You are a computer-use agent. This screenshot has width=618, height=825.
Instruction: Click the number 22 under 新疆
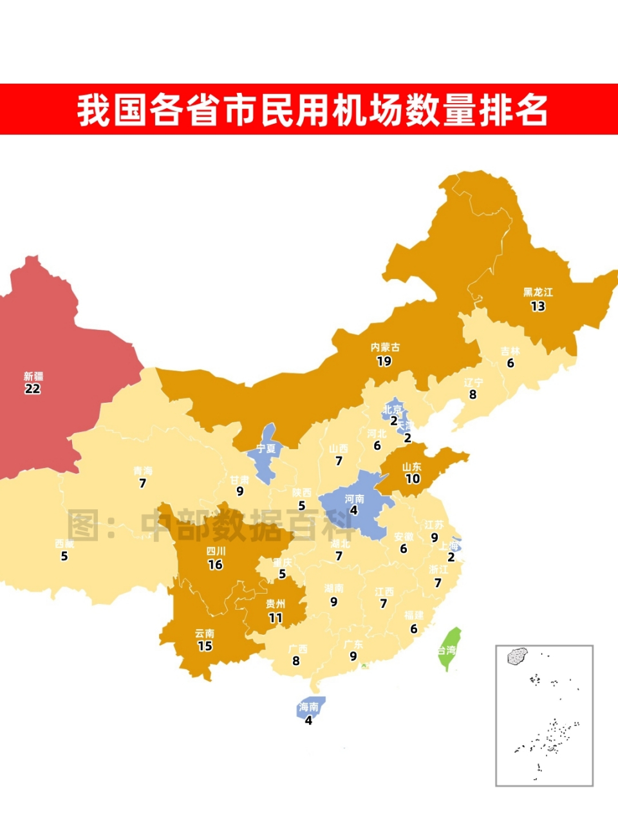click(32, 389)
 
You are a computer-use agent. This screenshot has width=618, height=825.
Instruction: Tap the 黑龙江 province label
click(538, 293)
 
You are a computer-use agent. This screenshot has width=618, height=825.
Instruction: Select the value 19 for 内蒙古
click(384, 361)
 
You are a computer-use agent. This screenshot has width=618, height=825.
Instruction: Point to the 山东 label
click(412, 467)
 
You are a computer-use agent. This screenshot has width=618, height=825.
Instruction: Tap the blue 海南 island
click(310, 707)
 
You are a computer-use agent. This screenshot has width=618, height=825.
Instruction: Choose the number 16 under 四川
click(215, 565)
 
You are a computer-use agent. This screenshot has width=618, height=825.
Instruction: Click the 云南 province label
click(205, 634)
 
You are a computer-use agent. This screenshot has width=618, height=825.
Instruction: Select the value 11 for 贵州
click(276, 617)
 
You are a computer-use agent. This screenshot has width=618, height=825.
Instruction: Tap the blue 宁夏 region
click(265, 451)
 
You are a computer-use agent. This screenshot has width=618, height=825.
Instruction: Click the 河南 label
click(354, 499)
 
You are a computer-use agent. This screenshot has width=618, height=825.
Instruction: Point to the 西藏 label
click(64, 544)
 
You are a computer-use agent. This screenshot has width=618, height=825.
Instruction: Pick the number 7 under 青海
click(142, 483)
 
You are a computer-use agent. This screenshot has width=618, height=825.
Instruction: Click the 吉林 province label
click(510, 351)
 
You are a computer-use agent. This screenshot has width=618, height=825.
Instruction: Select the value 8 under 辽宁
click(473, 394)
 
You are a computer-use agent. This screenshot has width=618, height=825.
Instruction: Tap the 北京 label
click(392, 409)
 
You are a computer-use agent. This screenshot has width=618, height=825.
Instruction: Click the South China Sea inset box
click(544, 715)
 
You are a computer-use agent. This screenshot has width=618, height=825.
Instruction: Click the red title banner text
click(312, 110)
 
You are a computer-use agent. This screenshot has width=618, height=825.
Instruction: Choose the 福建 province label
click(414, 616)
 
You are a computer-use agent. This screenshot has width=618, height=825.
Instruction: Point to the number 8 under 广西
click(296, 661)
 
